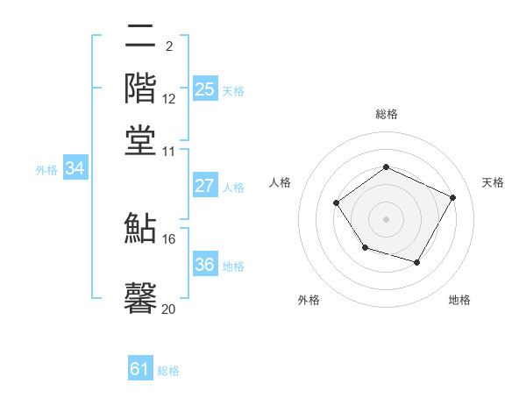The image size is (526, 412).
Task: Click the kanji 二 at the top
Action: pos(140,38)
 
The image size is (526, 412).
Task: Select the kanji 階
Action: pos(140,89)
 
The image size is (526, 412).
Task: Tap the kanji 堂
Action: pos(140,140)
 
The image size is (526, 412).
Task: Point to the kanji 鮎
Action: pos(140,228)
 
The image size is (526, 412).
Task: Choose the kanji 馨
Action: pos(140,297)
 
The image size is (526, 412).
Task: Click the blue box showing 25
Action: pos(204,89)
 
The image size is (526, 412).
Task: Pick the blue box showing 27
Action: pos(204,186)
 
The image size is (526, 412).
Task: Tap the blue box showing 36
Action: pos(204,265)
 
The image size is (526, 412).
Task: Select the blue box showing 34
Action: pos(75,169)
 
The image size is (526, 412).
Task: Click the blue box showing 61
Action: pos(140,370)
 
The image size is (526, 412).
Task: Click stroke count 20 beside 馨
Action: pos(168,309)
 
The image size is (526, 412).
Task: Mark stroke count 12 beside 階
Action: pos(168,99)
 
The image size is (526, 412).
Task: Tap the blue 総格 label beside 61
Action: pos(168,371)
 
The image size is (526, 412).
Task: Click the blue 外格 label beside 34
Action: pos(46,170)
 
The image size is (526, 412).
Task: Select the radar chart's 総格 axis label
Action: pos(386,114)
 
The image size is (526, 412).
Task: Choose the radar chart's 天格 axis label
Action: pos(493,182)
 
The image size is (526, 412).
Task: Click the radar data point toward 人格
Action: pos(337,203)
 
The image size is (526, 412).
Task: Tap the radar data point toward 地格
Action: pos(416,262)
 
